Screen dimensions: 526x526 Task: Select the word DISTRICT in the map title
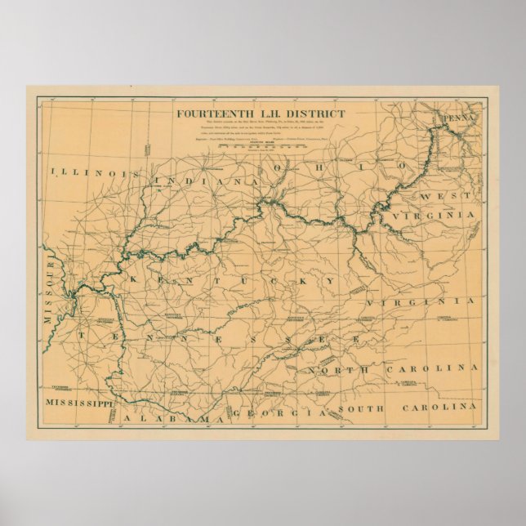click(x=315, y=114)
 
